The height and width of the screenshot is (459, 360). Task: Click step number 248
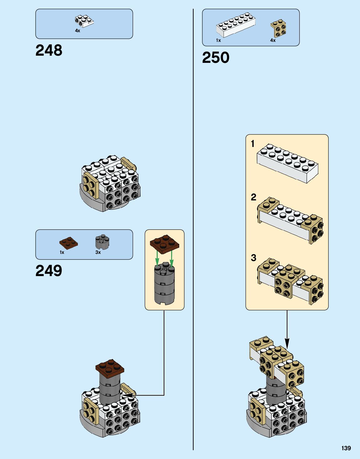[x=49, y=50]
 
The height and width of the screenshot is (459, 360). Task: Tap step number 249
[x=49, y=271]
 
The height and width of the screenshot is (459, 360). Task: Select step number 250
[x=215, y=58]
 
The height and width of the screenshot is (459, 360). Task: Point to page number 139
[x=346, y=448]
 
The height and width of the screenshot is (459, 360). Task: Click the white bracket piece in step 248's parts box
[x=84, y=21]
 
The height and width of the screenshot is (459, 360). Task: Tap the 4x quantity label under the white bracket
[x=78, y=31]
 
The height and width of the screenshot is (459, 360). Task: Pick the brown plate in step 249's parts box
[x=68, y=243]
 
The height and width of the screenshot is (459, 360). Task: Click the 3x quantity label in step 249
[x=98, y=252]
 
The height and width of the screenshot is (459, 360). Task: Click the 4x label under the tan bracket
[x=273, y=40]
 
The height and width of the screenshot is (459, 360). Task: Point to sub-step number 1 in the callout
[x=253, y=144]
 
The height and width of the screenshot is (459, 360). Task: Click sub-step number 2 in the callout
[x=253, y=197]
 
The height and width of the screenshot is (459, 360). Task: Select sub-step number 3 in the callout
[x=253, y=258]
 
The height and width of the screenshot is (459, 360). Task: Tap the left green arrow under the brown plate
[x=157, y=259]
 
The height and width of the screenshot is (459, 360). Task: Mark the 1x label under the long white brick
[x=218, y=40]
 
